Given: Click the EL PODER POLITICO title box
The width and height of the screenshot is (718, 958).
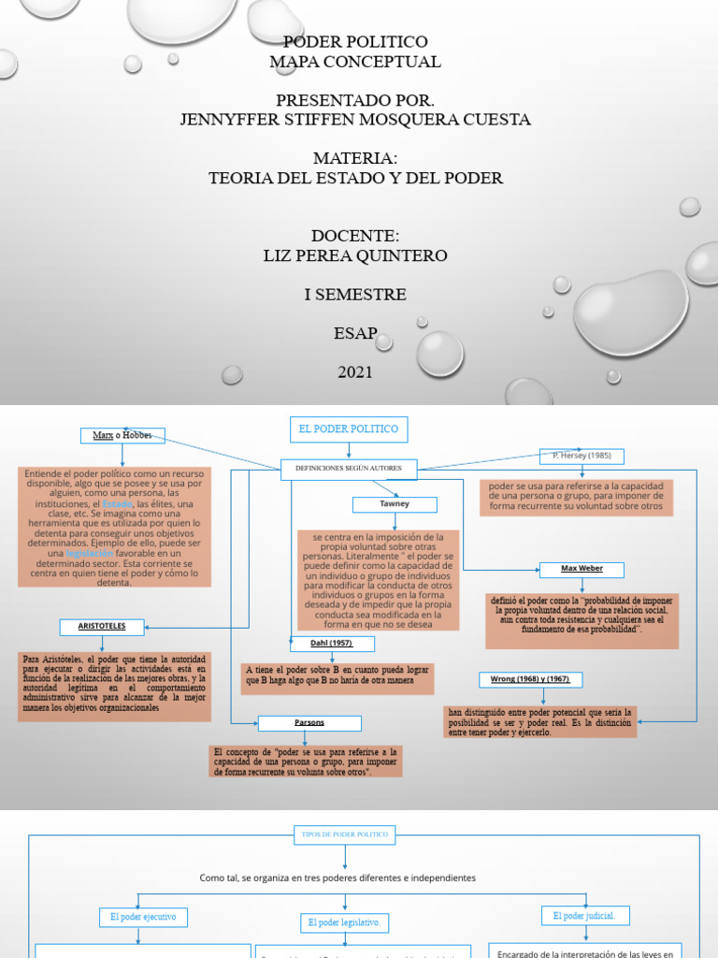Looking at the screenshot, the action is pos(348,429).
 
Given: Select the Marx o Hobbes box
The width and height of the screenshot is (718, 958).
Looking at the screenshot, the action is pos(122,436).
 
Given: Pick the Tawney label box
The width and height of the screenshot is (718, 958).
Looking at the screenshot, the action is pos(394,504).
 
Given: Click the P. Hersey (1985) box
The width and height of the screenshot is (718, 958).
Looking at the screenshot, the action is pos(582,457).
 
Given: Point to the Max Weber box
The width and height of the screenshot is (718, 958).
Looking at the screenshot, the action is pos(582,569).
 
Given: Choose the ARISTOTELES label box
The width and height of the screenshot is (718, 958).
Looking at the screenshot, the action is pos(103,626).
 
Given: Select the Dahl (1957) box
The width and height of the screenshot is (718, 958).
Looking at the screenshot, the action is pos(330,644).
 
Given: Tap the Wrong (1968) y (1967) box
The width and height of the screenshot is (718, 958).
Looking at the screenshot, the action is pos(530,679).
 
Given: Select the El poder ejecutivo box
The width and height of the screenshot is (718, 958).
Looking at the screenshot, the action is pos(143,917).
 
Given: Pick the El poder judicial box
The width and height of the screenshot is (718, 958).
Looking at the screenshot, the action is pos(585,916).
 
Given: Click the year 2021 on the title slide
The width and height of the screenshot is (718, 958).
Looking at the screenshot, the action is pos(355,372).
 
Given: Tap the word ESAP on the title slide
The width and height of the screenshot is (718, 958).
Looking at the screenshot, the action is pos(355,333).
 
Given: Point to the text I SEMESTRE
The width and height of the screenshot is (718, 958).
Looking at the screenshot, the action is pos(355,295).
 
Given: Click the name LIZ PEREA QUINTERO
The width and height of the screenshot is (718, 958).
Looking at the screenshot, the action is pos(355,255).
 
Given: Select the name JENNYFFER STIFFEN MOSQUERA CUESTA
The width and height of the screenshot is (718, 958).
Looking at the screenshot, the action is pos(355,120).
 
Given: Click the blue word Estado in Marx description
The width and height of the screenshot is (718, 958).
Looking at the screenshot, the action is pos(117,504).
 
